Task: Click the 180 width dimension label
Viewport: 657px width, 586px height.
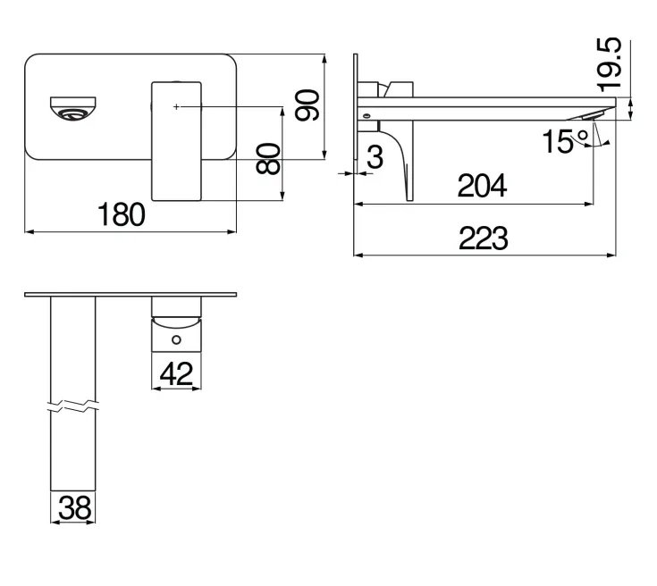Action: coord(121,214)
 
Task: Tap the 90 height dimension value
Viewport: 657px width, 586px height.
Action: coord(307,105)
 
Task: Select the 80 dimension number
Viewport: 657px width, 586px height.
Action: coord(268,158)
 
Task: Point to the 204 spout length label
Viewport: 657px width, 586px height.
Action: coord(483,186)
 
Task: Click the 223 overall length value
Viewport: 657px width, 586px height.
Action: coord(484,238)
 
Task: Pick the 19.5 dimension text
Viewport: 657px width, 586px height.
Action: coord(610,64)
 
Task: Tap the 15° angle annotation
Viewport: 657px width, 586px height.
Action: coord(565,141)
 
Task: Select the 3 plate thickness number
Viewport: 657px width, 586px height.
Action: coord(375,157)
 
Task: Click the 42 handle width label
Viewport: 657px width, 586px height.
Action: coord(176,374)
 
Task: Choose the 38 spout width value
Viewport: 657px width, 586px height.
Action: coord(74,508)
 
